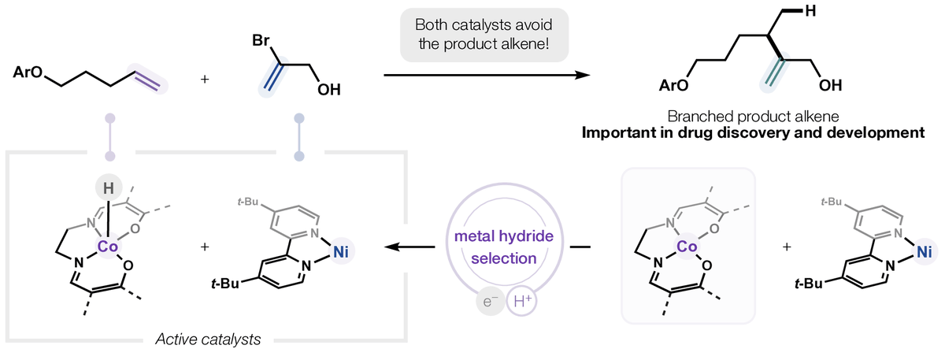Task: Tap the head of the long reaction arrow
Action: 584,75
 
